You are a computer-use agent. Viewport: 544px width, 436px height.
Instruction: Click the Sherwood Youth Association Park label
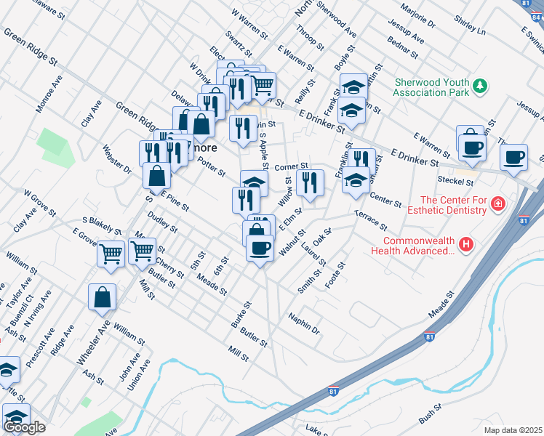tap(431, 87)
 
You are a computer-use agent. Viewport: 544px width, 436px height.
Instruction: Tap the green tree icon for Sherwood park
tap(479, 87)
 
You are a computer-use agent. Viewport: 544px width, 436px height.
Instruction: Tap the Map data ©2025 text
tap(513, 430)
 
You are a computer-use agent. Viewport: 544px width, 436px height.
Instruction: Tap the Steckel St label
tap(455, 180)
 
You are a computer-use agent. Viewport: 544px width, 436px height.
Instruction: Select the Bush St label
tap(430, 415)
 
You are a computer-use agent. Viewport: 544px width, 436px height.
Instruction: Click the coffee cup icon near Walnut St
tap(260, 249)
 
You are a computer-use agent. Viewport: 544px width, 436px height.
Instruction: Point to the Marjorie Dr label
tap(420, 15)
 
